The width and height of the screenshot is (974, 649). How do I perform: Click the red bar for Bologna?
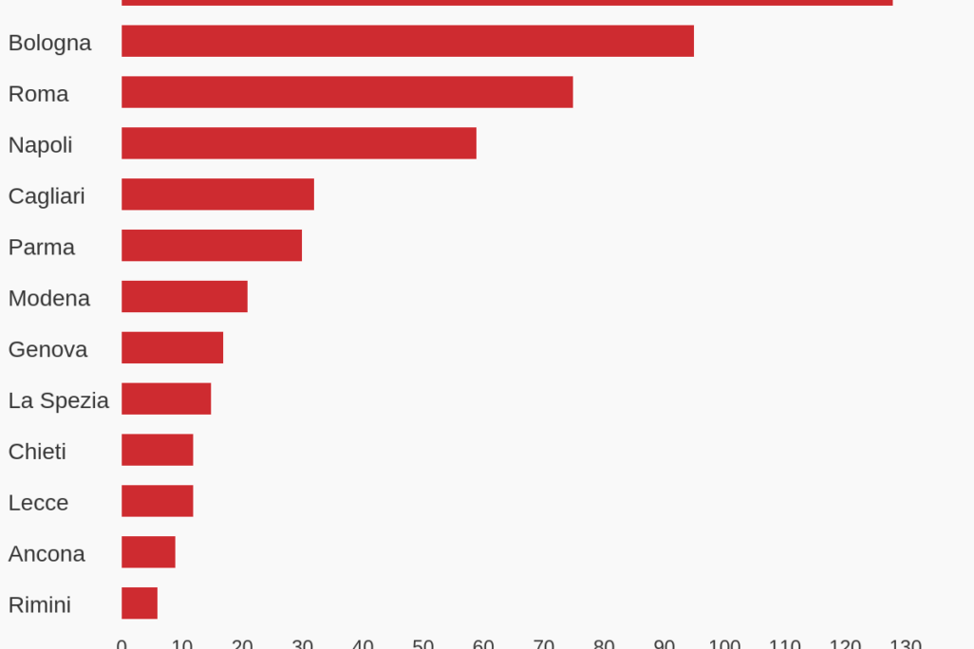pos(407,41)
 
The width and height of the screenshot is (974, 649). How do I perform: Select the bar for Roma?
pos(347,92)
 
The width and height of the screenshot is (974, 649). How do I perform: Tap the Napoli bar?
pos(298,143)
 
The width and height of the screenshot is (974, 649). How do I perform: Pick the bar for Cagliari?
pos(217,195)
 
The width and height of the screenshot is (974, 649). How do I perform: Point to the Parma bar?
pos(211,246)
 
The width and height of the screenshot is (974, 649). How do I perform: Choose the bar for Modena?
pos(184,297)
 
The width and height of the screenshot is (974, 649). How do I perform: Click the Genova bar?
pos(172,348)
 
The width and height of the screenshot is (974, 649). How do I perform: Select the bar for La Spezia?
pos(166,399)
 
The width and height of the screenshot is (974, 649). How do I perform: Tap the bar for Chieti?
pos(157,451)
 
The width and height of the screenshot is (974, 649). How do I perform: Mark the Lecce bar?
pos(157,502)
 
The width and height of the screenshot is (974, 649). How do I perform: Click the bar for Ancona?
pos(148,553)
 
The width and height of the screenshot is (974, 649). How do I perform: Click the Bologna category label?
pos(49,43)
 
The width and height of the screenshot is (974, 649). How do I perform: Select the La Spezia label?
pos(58,400)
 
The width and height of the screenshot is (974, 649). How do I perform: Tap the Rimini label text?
pos(39,605)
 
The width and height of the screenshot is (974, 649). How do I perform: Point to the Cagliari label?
pos(47,196)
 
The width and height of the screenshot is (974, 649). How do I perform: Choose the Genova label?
pos(47,349)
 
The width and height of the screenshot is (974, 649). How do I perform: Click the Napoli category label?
pos(40,145)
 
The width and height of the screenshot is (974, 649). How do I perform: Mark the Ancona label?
pos(47,554)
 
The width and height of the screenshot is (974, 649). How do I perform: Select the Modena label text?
pos(48,298)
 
